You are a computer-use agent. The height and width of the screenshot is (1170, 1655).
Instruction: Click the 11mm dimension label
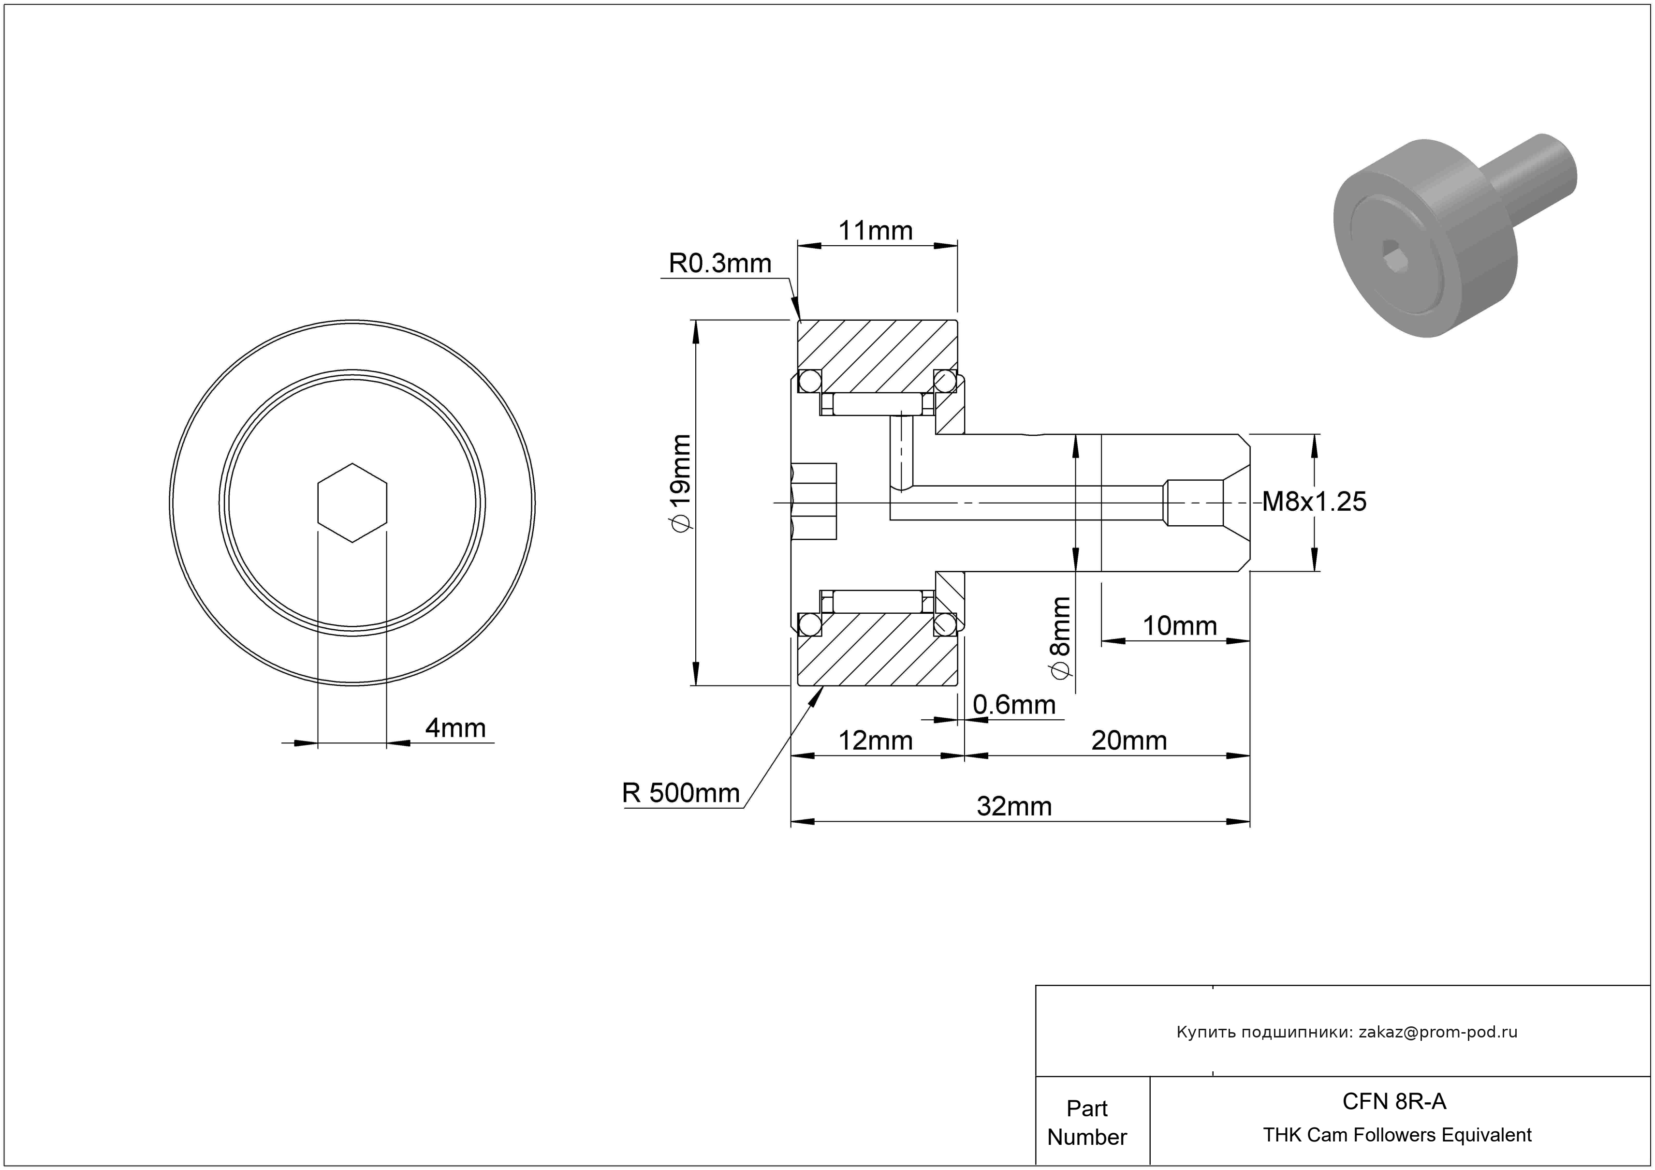point(875,231)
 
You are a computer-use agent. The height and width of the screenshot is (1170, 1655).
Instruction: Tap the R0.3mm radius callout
point(719,264)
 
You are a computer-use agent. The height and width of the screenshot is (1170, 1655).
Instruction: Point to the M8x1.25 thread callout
point(1313,502)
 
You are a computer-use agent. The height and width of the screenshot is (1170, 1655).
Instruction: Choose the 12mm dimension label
point(875,741)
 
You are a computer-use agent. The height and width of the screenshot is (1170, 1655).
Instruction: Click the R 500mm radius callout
point(680,793)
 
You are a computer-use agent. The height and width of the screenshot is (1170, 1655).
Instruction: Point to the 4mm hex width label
point(455,728)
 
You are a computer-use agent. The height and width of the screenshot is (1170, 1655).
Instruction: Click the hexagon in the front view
point(352,503)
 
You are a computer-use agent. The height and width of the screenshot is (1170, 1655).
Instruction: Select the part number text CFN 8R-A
point(1394,1101)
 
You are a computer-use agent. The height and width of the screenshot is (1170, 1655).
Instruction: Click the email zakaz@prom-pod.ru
point(1437,1032)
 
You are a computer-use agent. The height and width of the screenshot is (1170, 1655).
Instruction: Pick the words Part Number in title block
point(1086,1123)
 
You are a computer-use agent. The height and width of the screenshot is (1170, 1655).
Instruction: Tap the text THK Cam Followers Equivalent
point(1397,1135)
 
